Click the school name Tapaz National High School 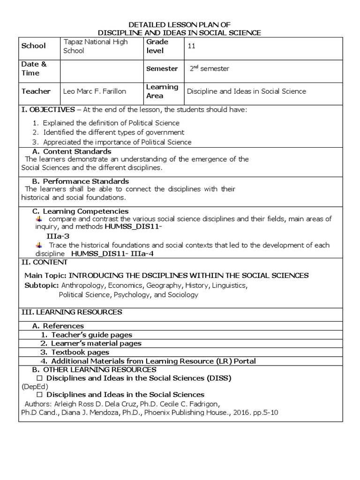(95, 46)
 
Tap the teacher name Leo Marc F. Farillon (94, 91)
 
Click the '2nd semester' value (209, 69)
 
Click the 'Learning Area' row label (162, 91)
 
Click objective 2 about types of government (113, 133)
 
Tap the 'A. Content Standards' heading (71, 151)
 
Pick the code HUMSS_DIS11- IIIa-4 (112, 254)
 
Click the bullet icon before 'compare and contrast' (39, 219)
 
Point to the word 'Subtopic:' (41, 285)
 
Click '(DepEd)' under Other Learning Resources (31, 386)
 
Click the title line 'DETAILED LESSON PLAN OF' (180, 24)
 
